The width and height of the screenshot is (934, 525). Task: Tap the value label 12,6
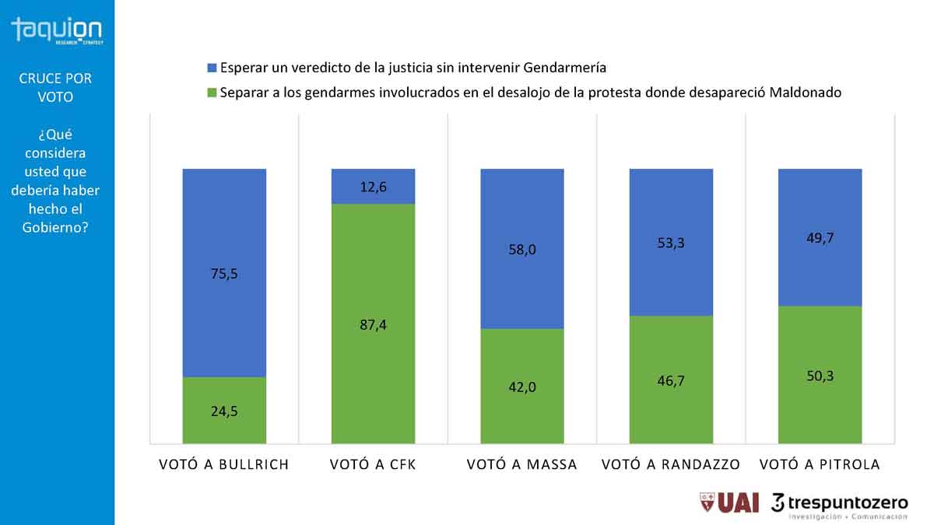point(373,187)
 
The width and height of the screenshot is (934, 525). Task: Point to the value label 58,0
point(522,250)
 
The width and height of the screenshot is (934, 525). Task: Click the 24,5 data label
point(224,411)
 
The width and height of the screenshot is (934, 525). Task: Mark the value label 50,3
point(820,376)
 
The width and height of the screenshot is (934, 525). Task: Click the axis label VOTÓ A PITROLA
point(820,464)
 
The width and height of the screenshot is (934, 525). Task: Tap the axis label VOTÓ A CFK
point(373,464)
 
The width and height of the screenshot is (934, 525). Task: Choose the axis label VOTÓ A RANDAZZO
point(671,464)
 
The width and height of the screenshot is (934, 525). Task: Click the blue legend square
point(210,68)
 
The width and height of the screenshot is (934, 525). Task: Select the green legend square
point(210,93)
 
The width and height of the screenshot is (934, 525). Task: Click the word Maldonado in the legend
point(806,93)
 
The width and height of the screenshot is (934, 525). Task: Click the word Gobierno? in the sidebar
point(56,227)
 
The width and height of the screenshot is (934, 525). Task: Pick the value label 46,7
point(671,380)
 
